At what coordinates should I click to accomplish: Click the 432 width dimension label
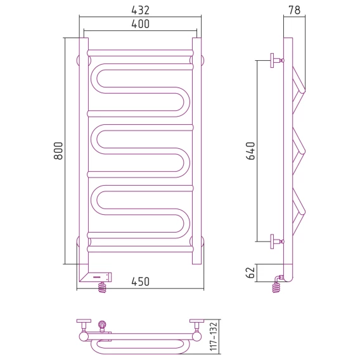pyautogui.click(x=140, y=10)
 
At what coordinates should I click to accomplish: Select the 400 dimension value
pyautogui.click(x=140, y=24)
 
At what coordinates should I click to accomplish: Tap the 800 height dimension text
pyautogui.click(x=58, y=151)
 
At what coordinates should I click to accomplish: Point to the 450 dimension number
pyautogui.click(x=140, y=281)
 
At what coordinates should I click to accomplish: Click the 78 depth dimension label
pyautogui.click(x=294, y=10)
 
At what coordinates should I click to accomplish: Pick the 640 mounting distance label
pyautogui.click(x=250, y=151)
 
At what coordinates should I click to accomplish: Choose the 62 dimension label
pyautogui.click(x=250, y=273)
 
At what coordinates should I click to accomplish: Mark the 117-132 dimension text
pyautogui.click(x=214, y=337)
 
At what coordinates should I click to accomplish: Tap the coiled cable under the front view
pyautogui.click(x=103, y=288)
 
